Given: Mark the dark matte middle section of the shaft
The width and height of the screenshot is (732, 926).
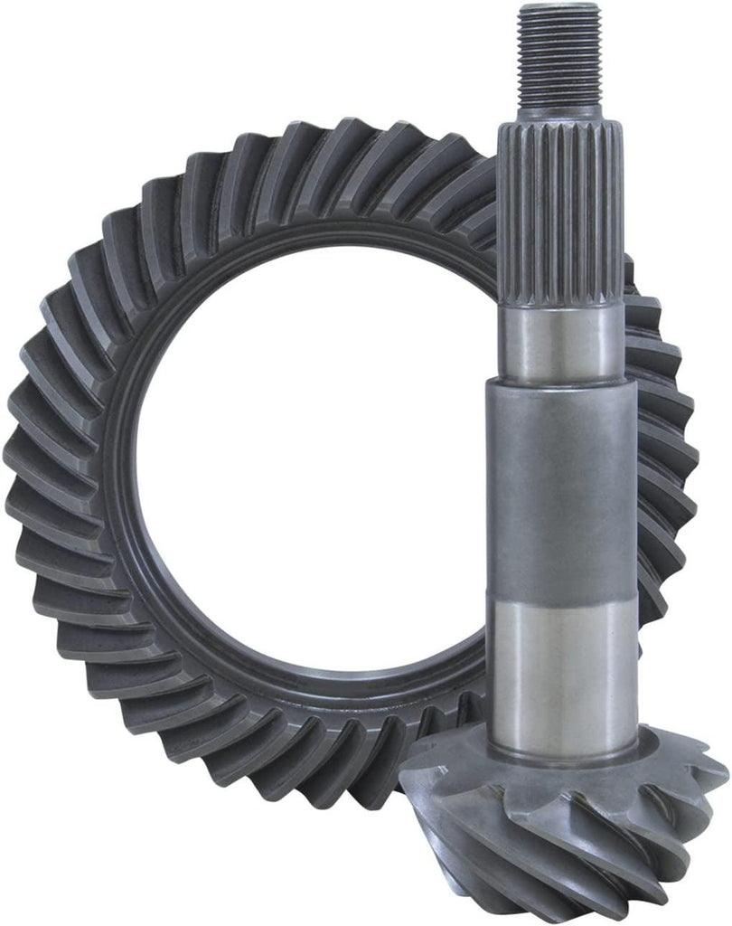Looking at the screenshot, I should pos(561,488).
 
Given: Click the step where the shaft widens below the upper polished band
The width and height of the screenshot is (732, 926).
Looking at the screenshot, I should pos(561,384).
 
